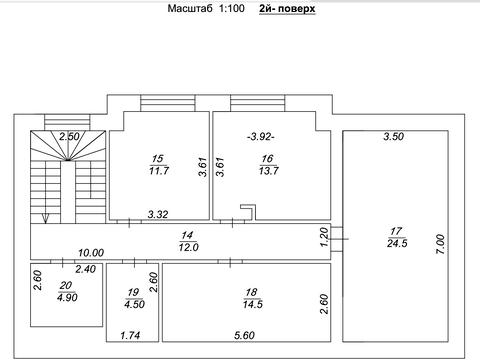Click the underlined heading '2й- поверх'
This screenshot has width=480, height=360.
(x=287, y=8)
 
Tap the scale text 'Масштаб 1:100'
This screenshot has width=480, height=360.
(x=206, y=8)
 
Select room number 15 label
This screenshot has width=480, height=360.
(x=157, y=159)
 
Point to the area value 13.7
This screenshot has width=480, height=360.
(x=268, y=171)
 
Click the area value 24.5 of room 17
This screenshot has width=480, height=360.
(x=397, y=243)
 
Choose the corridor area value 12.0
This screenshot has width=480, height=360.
(x=188, y=247)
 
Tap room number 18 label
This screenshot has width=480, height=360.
(x=251, y=292)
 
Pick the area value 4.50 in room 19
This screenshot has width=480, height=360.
(x=134, y=304)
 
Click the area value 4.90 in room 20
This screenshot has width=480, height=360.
(x=67, y=297)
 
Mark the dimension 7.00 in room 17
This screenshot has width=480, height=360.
(x=440, y=244)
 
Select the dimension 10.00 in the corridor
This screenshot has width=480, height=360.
(x=91, y=253)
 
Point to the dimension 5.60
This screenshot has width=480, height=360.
(x=244, y=335)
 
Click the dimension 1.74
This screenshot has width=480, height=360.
(x=130, y=335)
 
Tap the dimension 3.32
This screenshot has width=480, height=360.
(x=158, y=214)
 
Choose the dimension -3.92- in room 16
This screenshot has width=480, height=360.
(x=261, y=137)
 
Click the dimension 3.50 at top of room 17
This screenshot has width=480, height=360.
(x=394, y=136)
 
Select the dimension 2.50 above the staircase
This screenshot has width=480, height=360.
(x=69, y=136)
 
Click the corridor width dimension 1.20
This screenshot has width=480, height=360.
(x=324, y=237)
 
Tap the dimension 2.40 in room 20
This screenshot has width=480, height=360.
(x=86, y=269)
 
